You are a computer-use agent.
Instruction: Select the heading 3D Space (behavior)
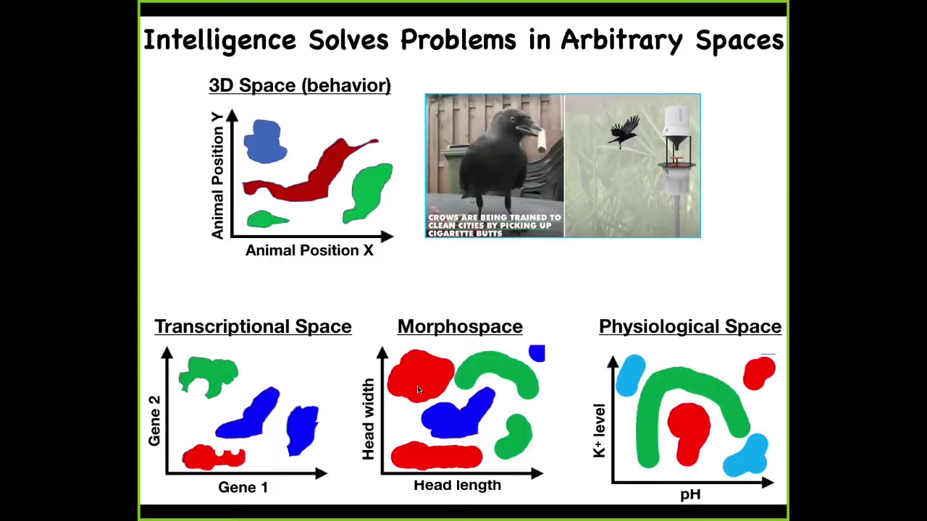[300, 85]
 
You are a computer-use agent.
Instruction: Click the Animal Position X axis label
[309, 250]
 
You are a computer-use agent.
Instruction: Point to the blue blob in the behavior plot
[265, 141]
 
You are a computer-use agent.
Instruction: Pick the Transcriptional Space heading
[253, 326]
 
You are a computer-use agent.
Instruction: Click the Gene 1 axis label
[243, 487]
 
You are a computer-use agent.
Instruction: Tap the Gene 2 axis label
[154, 421]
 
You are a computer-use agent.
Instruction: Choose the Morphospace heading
[460, 326]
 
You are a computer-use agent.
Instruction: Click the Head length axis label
[457, 485]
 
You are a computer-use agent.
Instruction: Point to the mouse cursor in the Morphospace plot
[419, 390]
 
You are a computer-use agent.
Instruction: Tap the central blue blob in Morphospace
[457, 415]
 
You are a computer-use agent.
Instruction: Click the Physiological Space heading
[690, 326]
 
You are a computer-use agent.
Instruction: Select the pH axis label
[690, 494]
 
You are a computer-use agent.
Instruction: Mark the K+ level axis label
[599, 431]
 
